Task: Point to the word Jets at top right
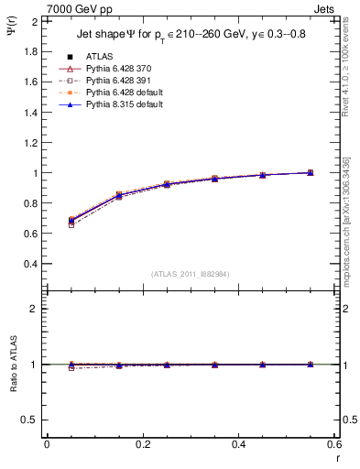pyautogui.click(x=323, y=7)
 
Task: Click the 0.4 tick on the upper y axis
pyautogui.click(x=29, y=264)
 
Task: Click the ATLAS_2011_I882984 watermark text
pyautogui.click(x=191, y=274)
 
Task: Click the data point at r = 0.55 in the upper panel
pyautogui.click(x=311, y=172)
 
